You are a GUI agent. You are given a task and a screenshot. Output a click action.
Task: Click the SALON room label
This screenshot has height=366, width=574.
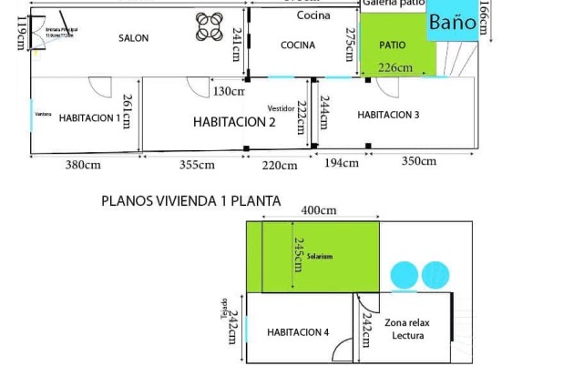click(x=133, y=38)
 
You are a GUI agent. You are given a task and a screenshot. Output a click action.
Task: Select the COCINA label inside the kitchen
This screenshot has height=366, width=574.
click(x=298, y=45)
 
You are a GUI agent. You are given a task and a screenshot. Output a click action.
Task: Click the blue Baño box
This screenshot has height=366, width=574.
click(x=452, y=23)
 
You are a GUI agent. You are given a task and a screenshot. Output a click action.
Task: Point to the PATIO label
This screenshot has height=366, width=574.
click(x=393, y=44)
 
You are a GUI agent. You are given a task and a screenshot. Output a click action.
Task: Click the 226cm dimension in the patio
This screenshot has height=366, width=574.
click(x=395, y=67)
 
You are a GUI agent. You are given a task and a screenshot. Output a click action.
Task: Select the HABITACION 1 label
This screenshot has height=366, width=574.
click(x=89, y=117)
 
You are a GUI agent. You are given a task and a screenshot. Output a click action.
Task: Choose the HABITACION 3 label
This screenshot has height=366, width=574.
click(x=388, y=115)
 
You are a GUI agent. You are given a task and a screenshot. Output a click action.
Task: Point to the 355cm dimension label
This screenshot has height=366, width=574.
click(x=196, y=165)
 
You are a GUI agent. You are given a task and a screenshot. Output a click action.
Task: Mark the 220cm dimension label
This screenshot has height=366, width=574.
click(x=280, y=166)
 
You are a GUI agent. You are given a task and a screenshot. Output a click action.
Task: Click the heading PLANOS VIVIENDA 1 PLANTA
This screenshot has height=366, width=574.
click(x=190, y=201)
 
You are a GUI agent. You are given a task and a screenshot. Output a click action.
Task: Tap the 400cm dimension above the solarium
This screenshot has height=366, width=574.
click(x=319, y=210)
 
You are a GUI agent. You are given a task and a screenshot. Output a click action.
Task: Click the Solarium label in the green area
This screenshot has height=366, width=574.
click(x=320, y=257)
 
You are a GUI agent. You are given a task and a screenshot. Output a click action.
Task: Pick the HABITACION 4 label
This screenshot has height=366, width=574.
click(x=298, y=332)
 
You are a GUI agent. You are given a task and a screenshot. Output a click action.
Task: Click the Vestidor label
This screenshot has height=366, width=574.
click(x=281, y=107)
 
